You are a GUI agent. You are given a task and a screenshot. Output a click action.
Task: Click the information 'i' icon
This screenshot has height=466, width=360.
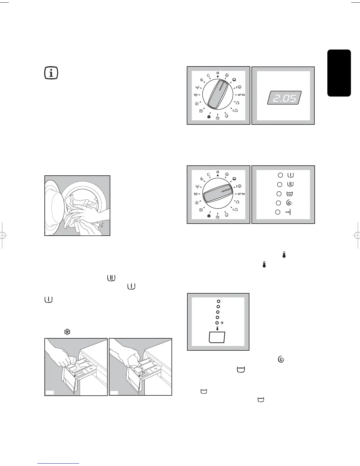(x=51, y=73)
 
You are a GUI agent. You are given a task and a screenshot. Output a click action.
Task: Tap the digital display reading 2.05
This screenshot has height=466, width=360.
(x=284, y=98)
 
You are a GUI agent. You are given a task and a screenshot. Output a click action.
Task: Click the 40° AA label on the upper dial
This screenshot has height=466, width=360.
(x=241, y=95)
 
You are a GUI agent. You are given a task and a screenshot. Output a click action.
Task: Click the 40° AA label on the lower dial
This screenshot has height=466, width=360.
(x=241, y=194)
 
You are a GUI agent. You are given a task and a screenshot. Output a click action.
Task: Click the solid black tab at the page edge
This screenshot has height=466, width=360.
(x=339, y=73)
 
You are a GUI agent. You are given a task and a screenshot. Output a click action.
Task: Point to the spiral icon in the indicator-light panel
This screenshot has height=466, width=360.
(x=289, y=203)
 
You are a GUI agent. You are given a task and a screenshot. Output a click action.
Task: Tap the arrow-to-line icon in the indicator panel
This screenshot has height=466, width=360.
(x=288, y=212)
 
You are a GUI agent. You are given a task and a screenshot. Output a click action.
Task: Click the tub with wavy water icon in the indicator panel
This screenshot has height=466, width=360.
(x=289, y=194)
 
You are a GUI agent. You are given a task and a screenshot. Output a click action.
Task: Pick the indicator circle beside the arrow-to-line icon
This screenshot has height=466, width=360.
(x=277, y=212)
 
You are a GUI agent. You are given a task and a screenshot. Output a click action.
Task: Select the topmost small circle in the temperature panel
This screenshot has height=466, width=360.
(x=218, y=301)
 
